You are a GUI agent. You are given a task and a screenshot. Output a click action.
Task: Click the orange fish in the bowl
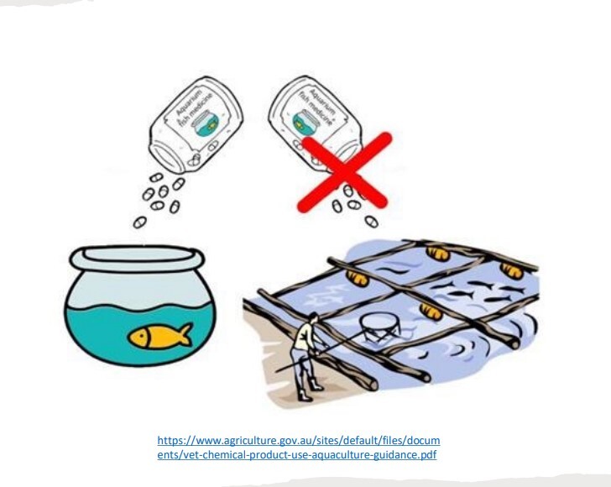(x=159, y=336)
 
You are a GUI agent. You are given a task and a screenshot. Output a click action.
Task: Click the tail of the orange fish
(x=185, y=334)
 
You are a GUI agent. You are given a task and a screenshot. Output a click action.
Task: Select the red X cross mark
(x=344, y=172)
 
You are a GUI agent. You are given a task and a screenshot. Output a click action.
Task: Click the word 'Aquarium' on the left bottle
(x=188, y=102)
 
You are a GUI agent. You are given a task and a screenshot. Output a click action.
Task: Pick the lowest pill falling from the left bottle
(x=139, y=223)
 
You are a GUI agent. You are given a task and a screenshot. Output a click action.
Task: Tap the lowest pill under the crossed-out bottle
(x=371, y=222)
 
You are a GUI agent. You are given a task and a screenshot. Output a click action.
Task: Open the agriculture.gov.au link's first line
(x=299, y=441)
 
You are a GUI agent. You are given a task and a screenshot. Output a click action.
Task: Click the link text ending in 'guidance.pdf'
(x=297, y=455)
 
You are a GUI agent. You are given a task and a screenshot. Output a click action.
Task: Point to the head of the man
(x=313, y=317)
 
